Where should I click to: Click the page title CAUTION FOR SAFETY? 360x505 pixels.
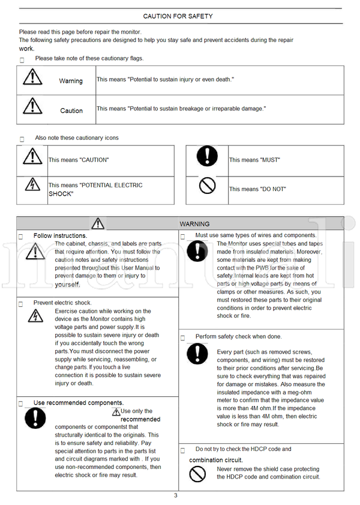(x=178, y=16)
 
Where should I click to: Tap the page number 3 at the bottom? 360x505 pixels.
(x=176, y=495)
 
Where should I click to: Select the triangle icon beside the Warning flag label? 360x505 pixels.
(x=32, y=77)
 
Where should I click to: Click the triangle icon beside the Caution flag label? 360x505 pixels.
(x=32, y=106)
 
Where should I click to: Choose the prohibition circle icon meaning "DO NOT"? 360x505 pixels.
(x=207, y=186)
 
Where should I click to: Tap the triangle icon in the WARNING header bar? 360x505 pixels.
(x=98, y=223)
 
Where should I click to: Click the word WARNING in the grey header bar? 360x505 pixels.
(x=194, y=224)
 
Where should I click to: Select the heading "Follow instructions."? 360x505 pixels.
(x=60, y=236)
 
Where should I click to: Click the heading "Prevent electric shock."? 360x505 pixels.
(x=62, y=303)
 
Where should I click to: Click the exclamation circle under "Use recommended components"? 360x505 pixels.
(x=35, y=418)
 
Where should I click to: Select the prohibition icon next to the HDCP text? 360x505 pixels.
(x=197, y=474)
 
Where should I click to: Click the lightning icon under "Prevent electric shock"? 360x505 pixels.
(x=35, y=318)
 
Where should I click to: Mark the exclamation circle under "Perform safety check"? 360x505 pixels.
(x=197, y=353)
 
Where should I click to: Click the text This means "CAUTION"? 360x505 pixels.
(x=79, y=160)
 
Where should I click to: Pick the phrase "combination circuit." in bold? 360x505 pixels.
(x=216, y=461)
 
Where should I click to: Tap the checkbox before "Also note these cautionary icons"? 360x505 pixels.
(x=22, y=139)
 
